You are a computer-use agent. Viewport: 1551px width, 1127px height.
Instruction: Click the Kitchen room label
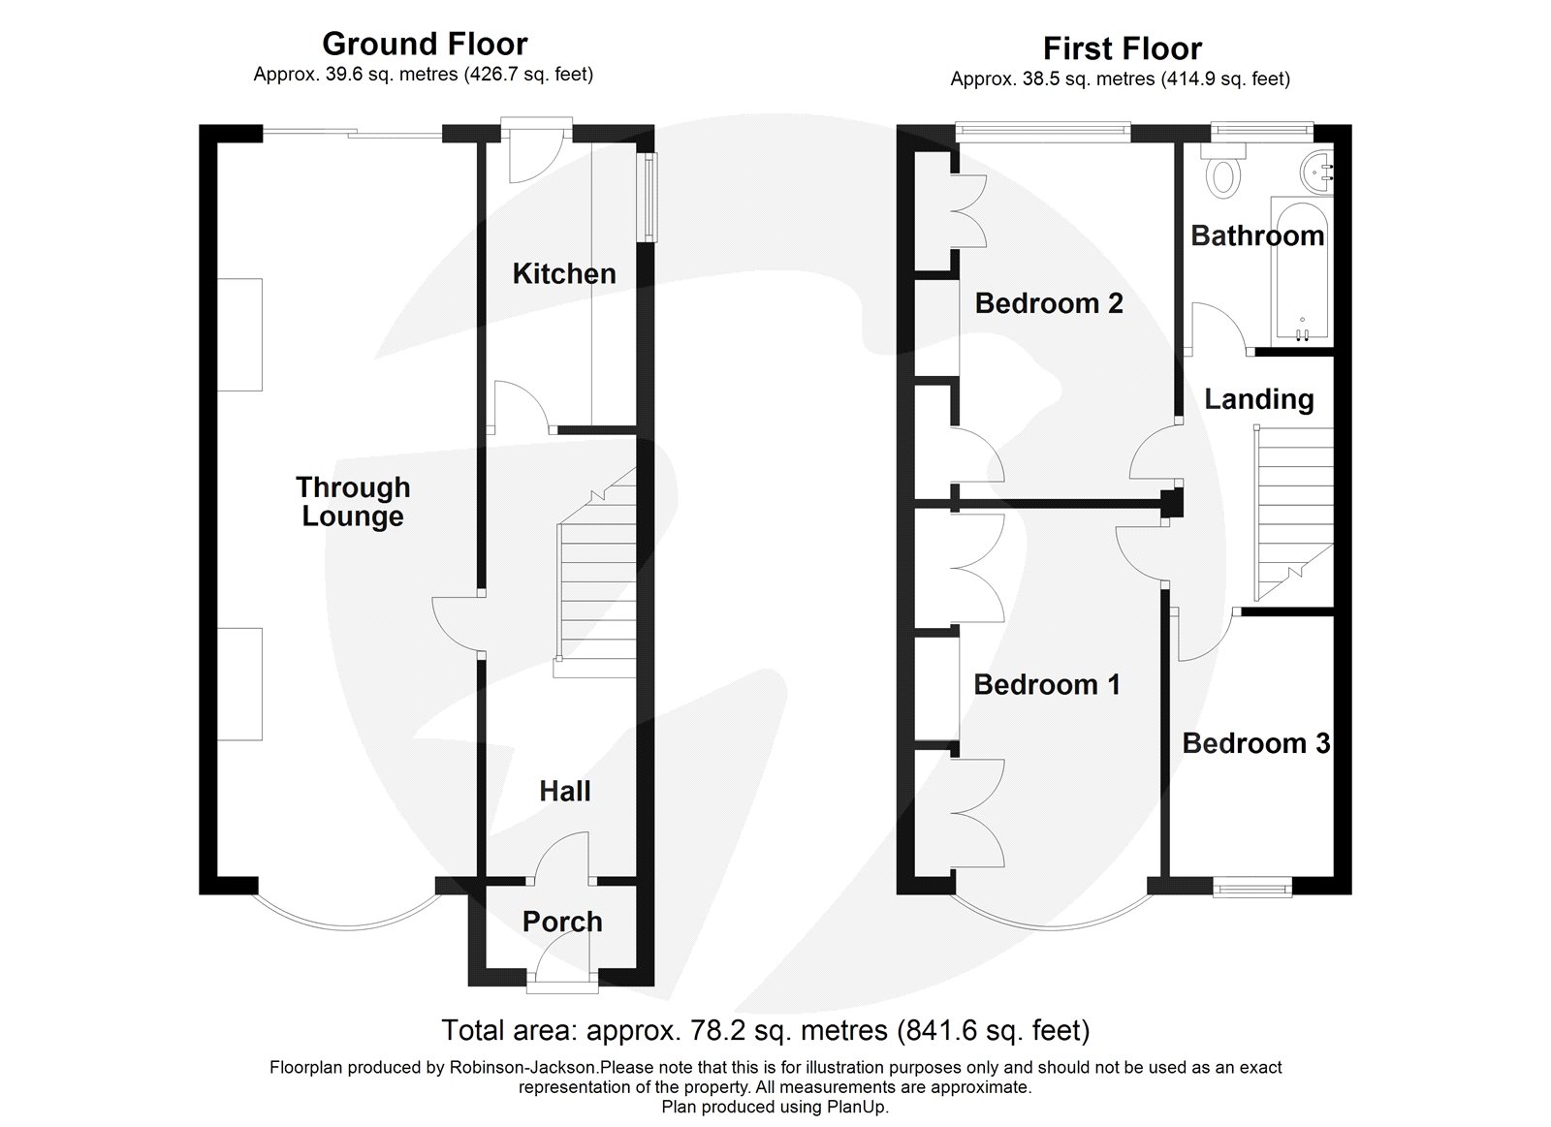(x=563, y=273)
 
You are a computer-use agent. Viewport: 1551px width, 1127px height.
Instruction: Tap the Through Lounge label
(x=353, y=501)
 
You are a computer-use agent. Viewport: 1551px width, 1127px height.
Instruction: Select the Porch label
(x=562, y=922)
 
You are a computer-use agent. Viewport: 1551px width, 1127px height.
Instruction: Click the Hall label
(x=564, y=792)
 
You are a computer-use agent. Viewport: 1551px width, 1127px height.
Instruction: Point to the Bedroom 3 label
(x=1255, y=743)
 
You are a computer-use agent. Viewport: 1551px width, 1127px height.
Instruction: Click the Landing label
(x=1258, y=399)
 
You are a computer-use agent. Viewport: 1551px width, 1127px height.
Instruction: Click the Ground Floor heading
(x=425, y=44)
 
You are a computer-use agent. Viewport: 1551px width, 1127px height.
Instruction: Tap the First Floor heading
(x=1122, y=48)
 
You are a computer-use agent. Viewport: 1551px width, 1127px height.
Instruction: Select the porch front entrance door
(x=562, y=975)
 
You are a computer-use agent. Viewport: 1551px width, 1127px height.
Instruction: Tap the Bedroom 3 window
(x=1254, y=884)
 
